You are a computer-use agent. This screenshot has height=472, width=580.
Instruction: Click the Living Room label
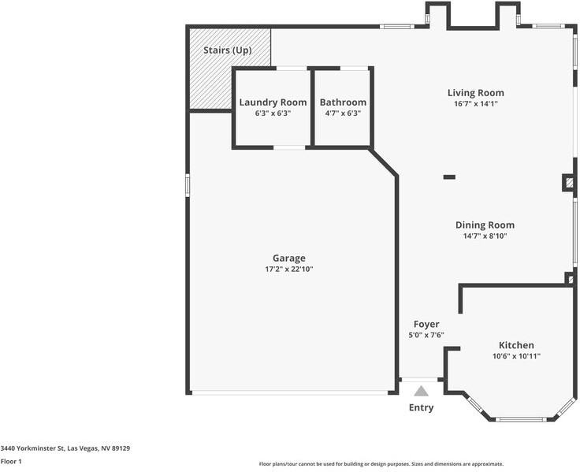tap(475, 93)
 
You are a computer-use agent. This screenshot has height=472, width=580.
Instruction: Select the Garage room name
tap(288, 258)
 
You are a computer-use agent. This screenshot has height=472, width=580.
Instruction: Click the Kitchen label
tap(516, 345)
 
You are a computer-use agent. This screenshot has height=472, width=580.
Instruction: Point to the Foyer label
tap(426, 324)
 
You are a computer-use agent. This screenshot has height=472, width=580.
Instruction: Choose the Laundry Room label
tap(273, 102)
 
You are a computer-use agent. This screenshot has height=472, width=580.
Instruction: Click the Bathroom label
tap(343, 102)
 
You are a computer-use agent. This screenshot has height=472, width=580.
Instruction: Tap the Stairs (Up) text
tap(228, 50)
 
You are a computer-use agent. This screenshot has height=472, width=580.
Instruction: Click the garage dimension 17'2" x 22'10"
tap(288, 269)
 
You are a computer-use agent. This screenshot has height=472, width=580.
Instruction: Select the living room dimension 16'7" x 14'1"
tap(475, 104)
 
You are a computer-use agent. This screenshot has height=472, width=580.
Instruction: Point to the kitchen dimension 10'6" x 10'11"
tap(516, 356)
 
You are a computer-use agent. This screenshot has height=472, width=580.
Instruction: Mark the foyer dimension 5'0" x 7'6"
tap(426, 335)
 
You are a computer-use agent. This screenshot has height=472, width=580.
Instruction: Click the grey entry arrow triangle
tap(422, 391)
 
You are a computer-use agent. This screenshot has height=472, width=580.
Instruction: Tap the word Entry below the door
tap(421, 407)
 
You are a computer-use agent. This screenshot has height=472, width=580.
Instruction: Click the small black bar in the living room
tap(449, 177)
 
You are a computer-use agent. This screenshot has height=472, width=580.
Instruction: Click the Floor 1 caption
tap(11, 461)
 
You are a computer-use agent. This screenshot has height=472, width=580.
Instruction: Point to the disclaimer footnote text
tap(381, 464)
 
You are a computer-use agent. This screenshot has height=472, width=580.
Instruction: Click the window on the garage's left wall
tap(188, 183)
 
